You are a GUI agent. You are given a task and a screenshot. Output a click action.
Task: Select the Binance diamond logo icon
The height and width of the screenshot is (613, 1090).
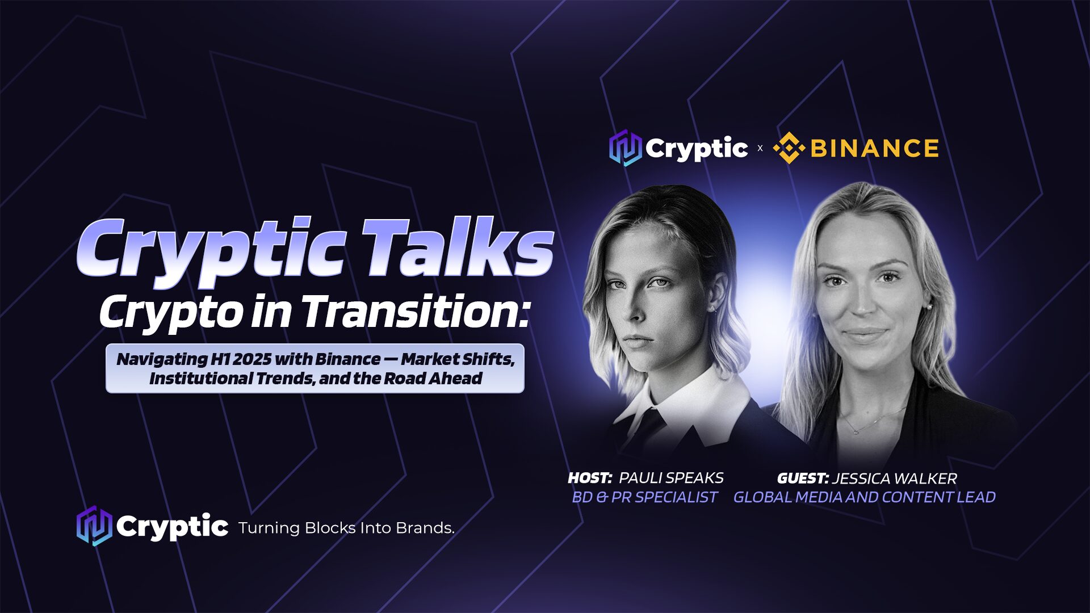(789, 149)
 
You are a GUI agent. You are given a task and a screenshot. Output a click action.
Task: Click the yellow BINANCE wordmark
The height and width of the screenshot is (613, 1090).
(874, 149)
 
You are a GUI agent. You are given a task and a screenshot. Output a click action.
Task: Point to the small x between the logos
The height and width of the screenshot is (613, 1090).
(760, 149)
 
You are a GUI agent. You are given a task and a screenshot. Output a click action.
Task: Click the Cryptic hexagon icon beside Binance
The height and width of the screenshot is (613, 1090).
(625, 148)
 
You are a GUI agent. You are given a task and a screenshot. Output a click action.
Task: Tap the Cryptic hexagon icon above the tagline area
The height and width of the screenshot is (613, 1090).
(94, 526)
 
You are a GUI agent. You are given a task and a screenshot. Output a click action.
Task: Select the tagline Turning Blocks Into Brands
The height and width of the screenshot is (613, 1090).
(346, 528)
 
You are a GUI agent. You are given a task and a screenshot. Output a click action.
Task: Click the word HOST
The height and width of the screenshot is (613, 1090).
(590, 478)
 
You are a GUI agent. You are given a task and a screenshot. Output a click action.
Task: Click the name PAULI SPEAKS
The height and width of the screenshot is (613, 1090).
(671, 478)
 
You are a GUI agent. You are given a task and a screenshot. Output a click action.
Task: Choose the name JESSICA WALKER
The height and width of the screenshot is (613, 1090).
(895, 478)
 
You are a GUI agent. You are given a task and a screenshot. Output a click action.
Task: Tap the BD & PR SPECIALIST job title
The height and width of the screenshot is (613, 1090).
(644, 497)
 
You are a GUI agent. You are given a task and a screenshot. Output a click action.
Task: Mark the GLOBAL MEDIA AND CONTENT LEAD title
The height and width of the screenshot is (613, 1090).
(865, 497)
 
